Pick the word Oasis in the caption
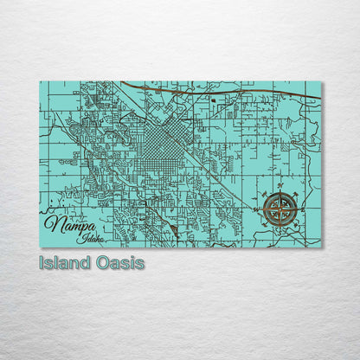click(x=119, y=262)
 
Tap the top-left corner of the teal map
click(x=40, y=81)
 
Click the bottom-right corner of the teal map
click(x=321, y=247)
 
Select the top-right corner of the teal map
click(x=321, y=81)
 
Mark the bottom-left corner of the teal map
click(x=40, y=247)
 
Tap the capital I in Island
click(x=42, y=262)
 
